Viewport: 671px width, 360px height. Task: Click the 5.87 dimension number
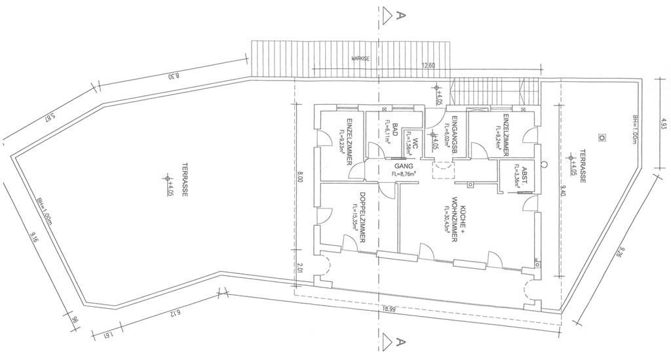tap(48, 119)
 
